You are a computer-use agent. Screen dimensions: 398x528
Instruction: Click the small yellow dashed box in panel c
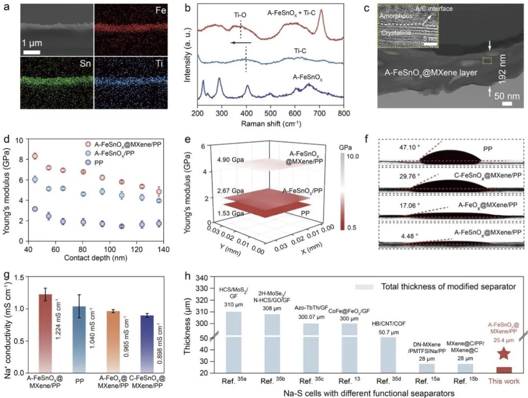pos(487,61)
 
